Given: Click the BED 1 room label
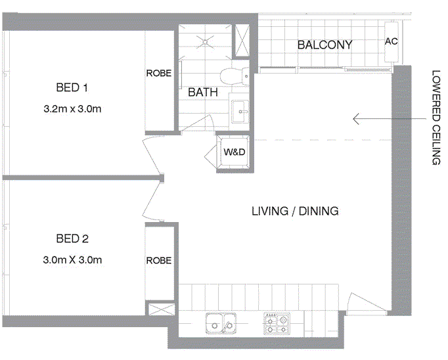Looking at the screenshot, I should [x=72, y=87].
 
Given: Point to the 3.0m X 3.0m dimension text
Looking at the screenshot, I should [x=72, y=260].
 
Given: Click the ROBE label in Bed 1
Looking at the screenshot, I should [x=159, y=74].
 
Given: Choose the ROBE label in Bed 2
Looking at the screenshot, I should [x=159, y=261].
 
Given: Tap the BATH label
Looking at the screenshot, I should [x=203, y=93].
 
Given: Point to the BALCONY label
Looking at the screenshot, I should [x=325, y=45].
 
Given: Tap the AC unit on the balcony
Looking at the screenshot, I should [x=392, y=41].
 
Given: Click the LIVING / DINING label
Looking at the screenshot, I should [x=295, y=211].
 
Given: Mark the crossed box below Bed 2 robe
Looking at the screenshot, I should [x=159, y=309].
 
